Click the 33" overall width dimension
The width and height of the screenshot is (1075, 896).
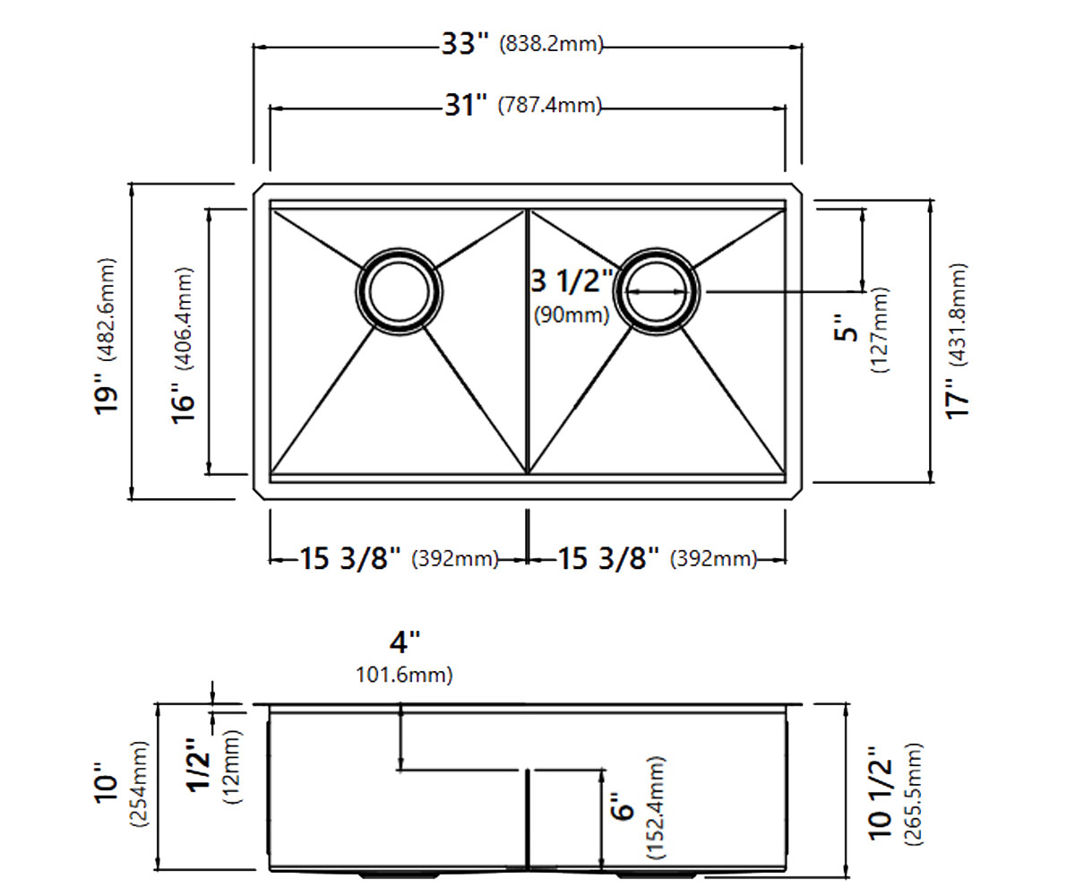464,44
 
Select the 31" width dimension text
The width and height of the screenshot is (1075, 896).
466,106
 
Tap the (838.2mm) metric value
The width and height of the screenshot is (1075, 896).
551,44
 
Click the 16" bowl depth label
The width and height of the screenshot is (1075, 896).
184,403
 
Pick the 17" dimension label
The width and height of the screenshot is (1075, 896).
958,398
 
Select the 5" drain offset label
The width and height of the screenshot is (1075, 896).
846,328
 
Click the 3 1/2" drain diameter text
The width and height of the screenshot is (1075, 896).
572,281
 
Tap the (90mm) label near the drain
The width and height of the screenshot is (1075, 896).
572,314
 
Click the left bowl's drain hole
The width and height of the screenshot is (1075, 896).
399,292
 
